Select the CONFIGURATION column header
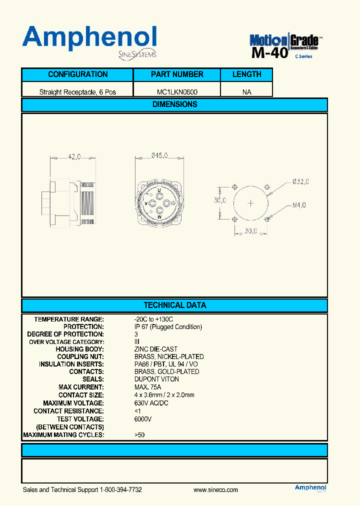(77, 74)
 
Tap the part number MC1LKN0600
(177, 92)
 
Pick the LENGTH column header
(246, 74)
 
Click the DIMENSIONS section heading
(174, 104)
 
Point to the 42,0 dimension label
(74, 157)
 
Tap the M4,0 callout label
(298, 204)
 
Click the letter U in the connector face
(159, 190)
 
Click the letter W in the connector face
(159, 217)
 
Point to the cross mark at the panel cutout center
(251, 203)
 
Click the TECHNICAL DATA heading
(174, 305)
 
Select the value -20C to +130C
(153, 319)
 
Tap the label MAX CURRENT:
(81, 387)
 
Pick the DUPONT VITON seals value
(156, 379)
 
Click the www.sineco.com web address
(215, 490)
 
